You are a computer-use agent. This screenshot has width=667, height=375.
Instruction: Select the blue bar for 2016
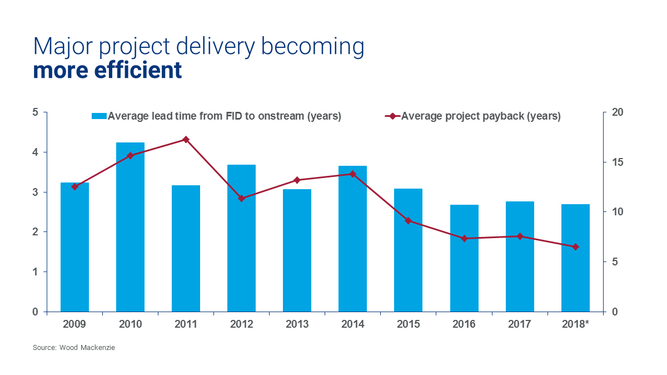point(464,258)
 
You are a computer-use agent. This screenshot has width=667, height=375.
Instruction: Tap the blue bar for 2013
point(297,250)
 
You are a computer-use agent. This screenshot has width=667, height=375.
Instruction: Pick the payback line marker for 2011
point(186,140)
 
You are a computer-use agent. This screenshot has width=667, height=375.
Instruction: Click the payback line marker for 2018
point(575,247)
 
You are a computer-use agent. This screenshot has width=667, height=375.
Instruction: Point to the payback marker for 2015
point(409,221)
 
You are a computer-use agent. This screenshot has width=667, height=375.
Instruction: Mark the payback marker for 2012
point(241,198)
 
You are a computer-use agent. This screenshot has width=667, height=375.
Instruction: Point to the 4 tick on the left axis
point(35,152)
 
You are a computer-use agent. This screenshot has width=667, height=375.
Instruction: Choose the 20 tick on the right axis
point(616,112)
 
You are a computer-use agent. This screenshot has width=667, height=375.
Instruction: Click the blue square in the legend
point(99,116)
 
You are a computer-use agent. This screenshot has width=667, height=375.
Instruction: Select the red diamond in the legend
point(392,116)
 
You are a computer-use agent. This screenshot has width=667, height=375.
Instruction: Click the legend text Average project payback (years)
point(481,116)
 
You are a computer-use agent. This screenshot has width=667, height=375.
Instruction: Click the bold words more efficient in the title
point(107,71)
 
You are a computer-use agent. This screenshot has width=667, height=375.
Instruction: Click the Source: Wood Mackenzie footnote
point(74,348)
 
